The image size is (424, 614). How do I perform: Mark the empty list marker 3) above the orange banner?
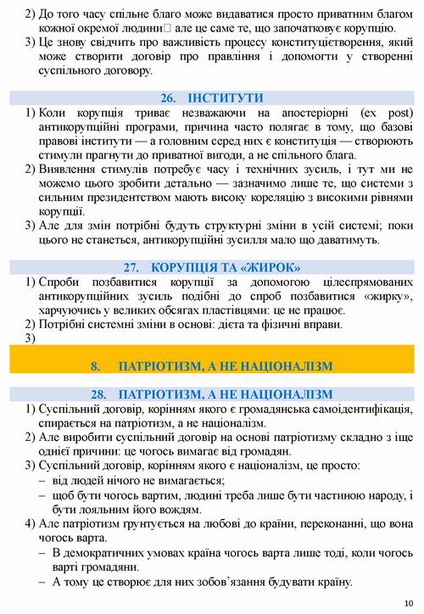point(31,338)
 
